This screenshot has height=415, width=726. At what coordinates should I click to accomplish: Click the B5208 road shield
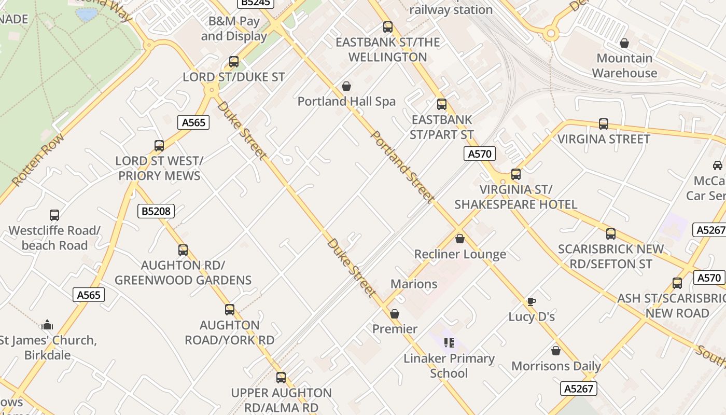pyautogui.click(x=156, y=211)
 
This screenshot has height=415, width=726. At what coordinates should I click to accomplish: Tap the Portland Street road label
pyautogui.click(x=402, y=167)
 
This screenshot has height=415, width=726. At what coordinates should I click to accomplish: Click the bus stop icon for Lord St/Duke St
pyautogui.click(x=234, y=62)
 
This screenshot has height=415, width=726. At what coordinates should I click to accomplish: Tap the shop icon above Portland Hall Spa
pyautogui.click(x=346, y=86)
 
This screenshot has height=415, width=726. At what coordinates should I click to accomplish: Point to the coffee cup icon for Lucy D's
pyautogui.click(x=531, y=301)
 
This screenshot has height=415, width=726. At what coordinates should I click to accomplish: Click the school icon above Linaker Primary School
pyautogui.click(x=449, y=343)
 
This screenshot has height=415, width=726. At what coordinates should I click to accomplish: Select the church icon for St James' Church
pyautogui.click(x=47, y=325)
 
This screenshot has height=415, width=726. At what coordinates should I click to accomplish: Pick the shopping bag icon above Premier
pyautogui.click(x=395, y=314)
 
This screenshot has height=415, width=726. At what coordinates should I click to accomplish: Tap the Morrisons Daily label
pyautogui.click(x=556, y=366)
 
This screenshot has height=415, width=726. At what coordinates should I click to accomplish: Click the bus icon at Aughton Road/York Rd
pyautogui.click(x=230, y=310)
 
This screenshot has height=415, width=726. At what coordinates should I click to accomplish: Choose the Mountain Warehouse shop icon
pyautogui.click(x=624, y=43)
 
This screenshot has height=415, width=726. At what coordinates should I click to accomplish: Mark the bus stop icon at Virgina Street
pyautogui.click(x=604, y=124)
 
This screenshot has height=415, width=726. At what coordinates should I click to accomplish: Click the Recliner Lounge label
pyautogui.click(x=460, y=254)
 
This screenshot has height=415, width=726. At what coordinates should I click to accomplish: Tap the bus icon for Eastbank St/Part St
pyautogui.click(x=442, y=104)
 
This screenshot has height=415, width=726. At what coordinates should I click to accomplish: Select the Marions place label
pyautogui.click(x=414, y=284)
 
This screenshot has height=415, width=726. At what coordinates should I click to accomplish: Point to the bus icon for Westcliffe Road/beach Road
pyautogui.click(x=54, y=215)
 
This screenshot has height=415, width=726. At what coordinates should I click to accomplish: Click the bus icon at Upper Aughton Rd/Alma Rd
pyautogui.click(x=281, y=377)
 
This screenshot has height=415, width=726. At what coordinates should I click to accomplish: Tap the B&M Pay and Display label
pyautogui.click(x=234, y=29)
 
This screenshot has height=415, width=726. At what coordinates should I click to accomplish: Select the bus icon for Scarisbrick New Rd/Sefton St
pyautogui.click(x=611, y=234)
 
